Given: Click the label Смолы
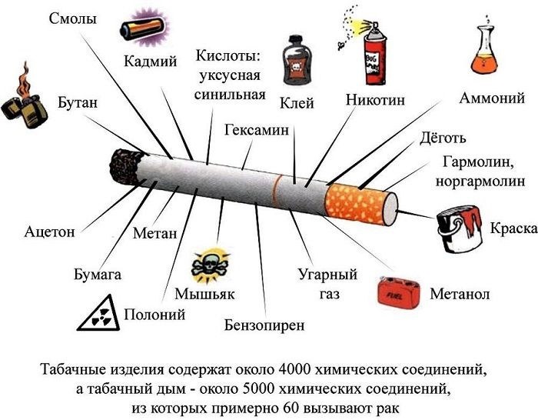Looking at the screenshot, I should click(x=74, y=18).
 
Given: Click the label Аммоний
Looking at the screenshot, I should click(x=492, y=98).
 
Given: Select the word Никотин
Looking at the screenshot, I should click(x=375, y=101).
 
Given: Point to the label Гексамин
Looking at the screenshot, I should click(x=257, y=130).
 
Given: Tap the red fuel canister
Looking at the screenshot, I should click(x=400, y=292).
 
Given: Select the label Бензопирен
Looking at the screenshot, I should click(x=264, y=325).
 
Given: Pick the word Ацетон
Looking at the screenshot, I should click(x=50, y=231).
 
